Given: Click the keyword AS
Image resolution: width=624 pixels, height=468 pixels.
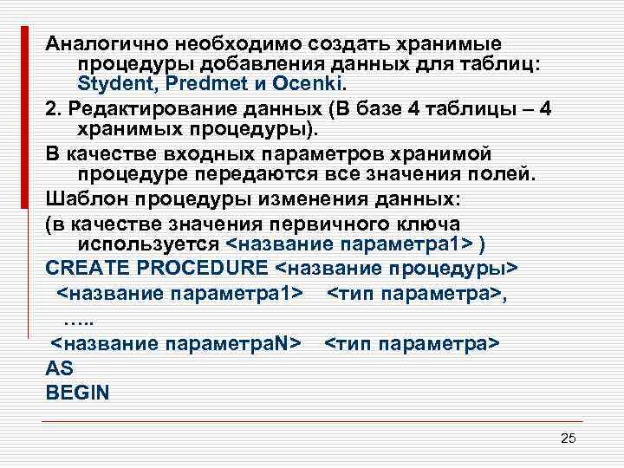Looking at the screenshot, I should coord(59,367).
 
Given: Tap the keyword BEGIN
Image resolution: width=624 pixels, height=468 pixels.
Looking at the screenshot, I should coord(77,392).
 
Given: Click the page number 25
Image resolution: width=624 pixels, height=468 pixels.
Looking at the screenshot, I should coord(568,439).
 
